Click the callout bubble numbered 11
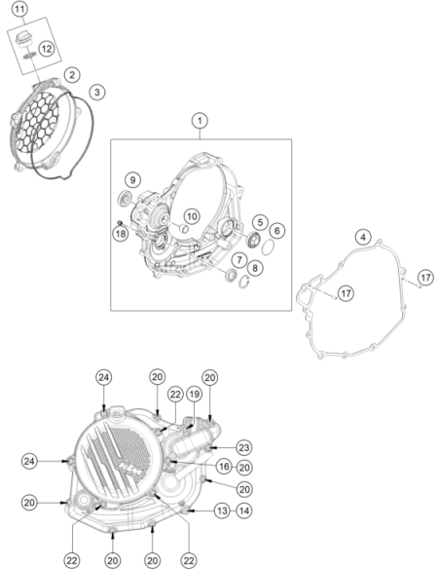click(19, 9)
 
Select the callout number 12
click(47, 49)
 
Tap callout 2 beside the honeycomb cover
click(72, 75)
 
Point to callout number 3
click(96, 92)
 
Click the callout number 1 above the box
click(200, 121)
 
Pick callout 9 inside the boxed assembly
click(132, 179)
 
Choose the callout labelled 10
click(192, 216)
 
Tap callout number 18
click(121, 234)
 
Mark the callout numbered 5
click(260, 222)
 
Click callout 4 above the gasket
click(363, 238)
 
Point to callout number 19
click(194, 394)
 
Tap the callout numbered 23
click(244, 448)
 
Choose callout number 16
click(224, 467)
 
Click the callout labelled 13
click(222, 511)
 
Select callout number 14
click(244, 511)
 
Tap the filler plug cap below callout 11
click(23, 38)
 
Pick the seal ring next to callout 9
click(126, 198)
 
